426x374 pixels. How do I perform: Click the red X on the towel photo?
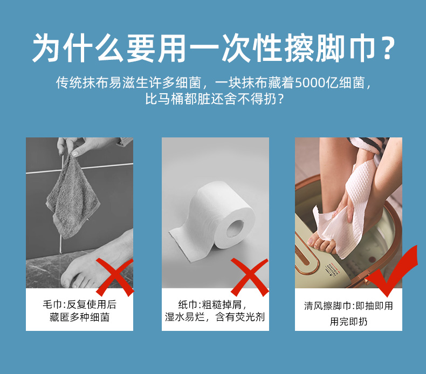click(115, 278)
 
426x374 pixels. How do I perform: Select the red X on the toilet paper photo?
click(250, 278)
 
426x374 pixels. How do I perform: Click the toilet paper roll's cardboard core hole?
click(235, 228)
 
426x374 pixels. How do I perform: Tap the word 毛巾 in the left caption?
click(52, 304)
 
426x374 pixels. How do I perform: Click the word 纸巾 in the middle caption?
click(188, 304)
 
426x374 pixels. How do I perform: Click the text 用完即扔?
click(348, 322)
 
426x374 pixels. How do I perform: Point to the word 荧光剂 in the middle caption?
click(250, 317)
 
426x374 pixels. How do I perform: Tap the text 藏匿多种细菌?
click(79, 317)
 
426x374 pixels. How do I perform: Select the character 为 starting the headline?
click(46, 48)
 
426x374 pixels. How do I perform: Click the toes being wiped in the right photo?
click(321, 243)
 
